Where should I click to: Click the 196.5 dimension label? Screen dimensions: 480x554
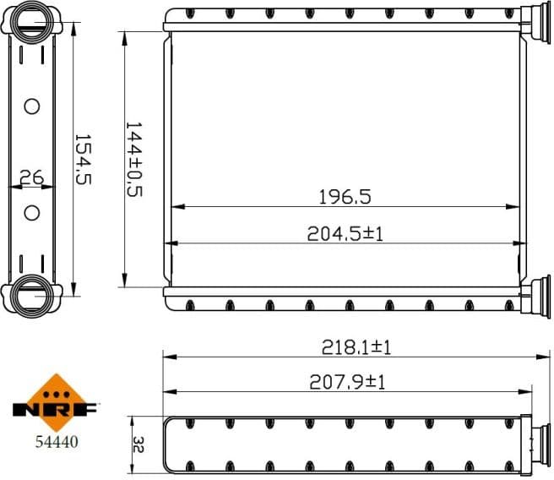click(345, 197)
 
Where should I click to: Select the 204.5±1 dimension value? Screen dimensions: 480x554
click(345, 234)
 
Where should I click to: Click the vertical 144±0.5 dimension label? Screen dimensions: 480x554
click(133, 159)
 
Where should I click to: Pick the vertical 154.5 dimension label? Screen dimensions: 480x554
click(83, 158)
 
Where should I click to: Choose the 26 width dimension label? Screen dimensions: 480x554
click(31, 177)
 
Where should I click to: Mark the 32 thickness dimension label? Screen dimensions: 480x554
click(139, 445)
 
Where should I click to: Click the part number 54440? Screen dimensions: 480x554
click(52, 440)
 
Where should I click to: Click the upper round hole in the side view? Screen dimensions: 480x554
click(32, 106)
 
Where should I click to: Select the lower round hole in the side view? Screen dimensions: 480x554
click(32, 212)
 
